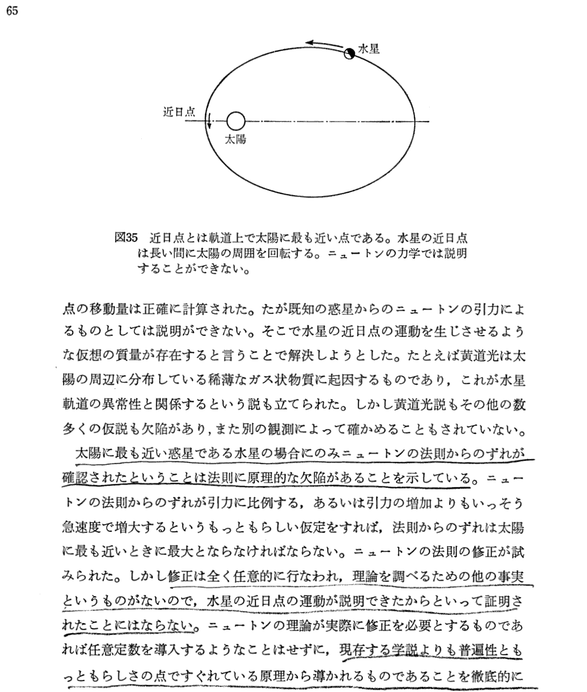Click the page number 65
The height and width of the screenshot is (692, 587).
pos(12,12)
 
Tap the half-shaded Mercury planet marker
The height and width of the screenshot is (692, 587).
pos(349,53)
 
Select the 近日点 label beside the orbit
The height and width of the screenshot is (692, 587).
pos(179,112)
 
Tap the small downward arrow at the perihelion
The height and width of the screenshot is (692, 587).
pos(209,122)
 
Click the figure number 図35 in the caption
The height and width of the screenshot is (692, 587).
pos(127,237)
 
